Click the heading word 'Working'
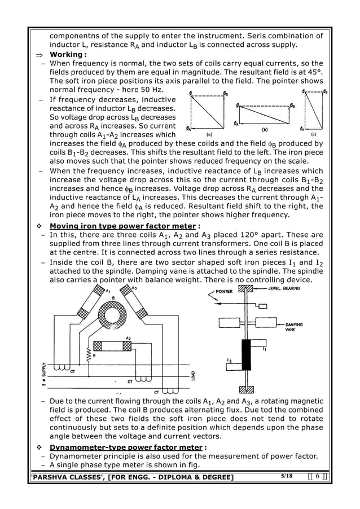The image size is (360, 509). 67,54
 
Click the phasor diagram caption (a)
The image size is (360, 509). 209,135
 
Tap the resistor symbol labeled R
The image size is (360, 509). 87,355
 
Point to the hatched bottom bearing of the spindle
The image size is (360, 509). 247,390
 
